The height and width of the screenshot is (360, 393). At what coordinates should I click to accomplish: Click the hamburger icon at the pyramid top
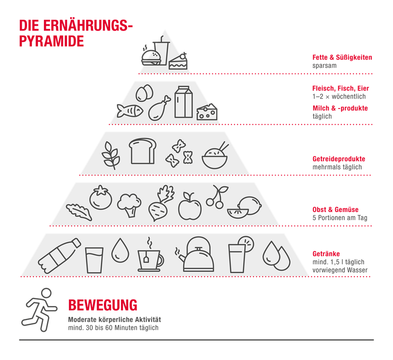[152, 58]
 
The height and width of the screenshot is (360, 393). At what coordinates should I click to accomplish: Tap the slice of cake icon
[178, 61]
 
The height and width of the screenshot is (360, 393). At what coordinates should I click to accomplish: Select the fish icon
[130, 110]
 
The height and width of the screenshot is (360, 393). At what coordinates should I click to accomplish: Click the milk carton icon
[183, 102]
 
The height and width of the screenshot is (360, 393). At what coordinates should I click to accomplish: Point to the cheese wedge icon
[207, 112]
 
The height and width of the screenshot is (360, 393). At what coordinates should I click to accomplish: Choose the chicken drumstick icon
[159, 108]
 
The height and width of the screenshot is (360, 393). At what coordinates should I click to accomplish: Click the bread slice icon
[142, 151]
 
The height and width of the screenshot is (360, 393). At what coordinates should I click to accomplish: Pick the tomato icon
[101, 198]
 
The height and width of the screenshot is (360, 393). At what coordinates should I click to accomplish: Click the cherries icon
[216, 197]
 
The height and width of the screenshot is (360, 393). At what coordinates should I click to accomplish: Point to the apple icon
[190, 206]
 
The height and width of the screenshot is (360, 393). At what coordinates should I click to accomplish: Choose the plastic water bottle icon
[59, 256]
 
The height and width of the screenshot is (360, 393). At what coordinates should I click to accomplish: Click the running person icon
[40, 310]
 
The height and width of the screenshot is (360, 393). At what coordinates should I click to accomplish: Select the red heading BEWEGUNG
[103, 305]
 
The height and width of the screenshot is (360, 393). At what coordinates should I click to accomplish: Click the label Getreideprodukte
[339, 159]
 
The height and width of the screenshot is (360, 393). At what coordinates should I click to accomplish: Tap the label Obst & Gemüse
[335, 210]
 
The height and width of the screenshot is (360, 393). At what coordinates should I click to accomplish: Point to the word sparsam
[324, 66]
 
